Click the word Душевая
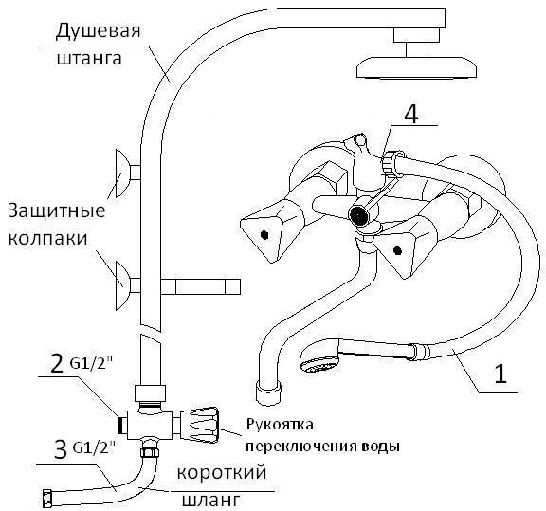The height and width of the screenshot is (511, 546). click(x=98, y=31)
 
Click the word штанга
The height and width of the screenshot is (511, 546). click(x=89, y=58)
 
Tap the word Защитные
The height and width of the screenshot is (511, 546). click(x=57, y=211)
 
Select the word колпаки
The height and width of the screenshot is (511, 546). click(x=47, y=239)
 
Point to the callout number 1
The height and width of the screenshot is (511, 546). click(x=500, y=374)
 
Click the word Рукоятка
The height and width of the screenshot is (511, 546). click(x=280, y=425)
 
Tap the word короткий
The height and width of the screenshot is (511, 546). click(x=222, y=473)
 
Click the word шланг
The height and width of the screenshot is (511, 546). click(x=211, y=500)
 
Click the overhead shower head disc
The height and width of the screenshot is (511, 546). click(x=416, y=67)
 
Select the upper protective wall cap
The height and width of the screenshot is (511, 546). click(x=123, y=173)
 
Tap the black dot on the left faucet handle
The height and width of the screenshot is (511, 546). click(x=264, y=235)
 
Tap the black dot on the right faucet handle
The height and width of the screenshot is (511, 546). click(x=397, y=249)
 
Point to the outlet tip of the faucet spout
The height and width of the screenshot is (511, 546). click(x=268, y=392)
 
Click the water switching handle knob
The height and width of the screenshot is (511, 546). click(x=199, y=425)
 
